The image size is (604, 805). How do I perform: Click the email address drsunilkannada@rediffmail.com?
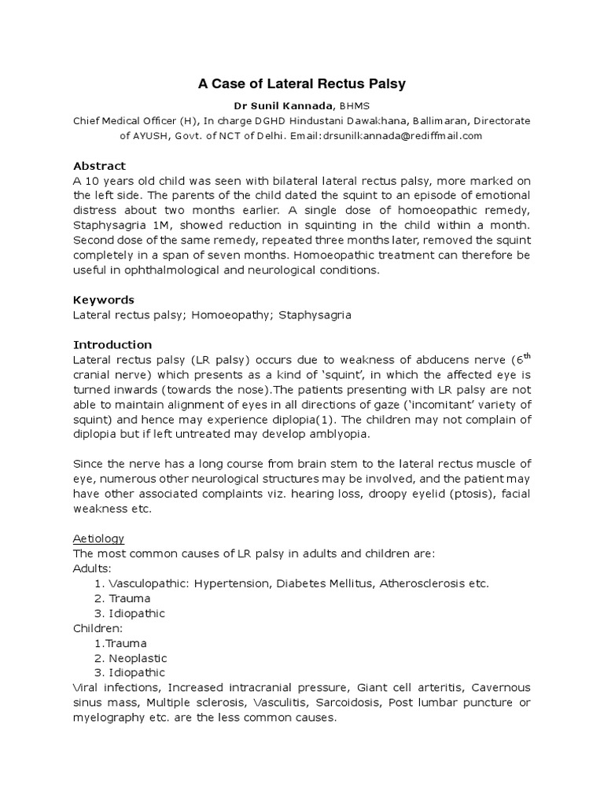click(x=401, y=135)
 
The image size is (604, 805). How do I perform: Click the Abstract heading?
click(x=99, y=166)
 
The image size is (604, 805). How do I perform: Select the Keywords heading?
click(x=104, y=300)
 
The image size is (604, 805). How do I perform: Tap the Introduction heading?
click(x=112, y=344)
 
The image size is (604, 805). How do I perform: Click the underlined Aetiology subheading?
click(x=98, y=539)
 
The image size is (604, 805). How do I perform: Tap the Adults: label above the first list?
click(x=93, y=568)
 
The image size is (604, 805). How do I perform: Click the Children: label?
click(x=99, y=628)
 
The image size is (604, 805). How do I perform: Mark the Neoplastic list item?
click(x=138, y=658)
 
